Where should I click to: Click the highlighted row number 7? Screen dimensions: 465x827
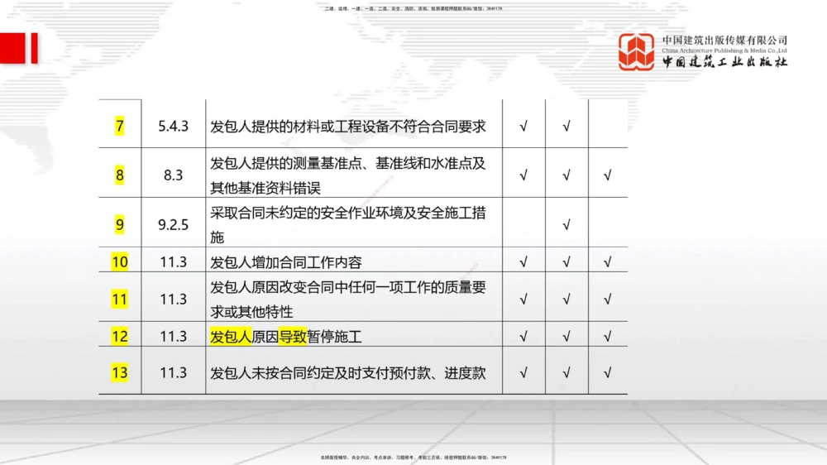point(120,127)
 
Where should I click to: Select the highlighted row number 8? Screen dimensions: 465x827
point(120,175)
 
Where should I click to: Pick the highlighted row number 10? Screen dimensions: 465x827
point(120,262)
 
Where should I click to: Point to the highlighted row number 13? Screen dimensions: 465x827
point(120,372)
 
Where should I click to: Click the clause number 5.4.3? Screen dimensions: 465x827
point(174,127)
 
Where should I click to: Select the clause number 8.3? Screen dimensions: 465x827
point(174,175)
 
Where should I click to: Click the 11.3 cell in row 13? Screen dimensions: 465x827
point(174,372)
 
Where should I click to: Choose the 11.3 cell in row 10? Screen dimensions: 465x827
point(174,262)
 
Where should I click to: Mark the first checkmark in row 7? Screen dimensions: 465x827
point(523,127)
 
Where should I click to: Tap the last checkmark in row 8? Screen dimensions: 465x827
point(608,175)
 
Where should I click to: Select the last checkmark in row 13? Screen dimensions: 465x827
point(608,372)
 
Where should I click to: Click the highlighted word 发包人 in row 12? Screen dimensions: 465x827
point(231,337)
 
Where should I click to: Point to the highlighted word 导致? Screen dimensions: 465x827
point(292,337)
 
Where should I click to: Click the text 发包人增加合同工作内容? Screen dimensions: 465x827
point(286,262)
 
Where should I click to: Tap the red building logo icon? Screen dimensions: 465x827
point(637,51)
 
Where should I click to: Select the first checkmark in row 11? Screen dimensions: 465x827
point(523,299)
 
